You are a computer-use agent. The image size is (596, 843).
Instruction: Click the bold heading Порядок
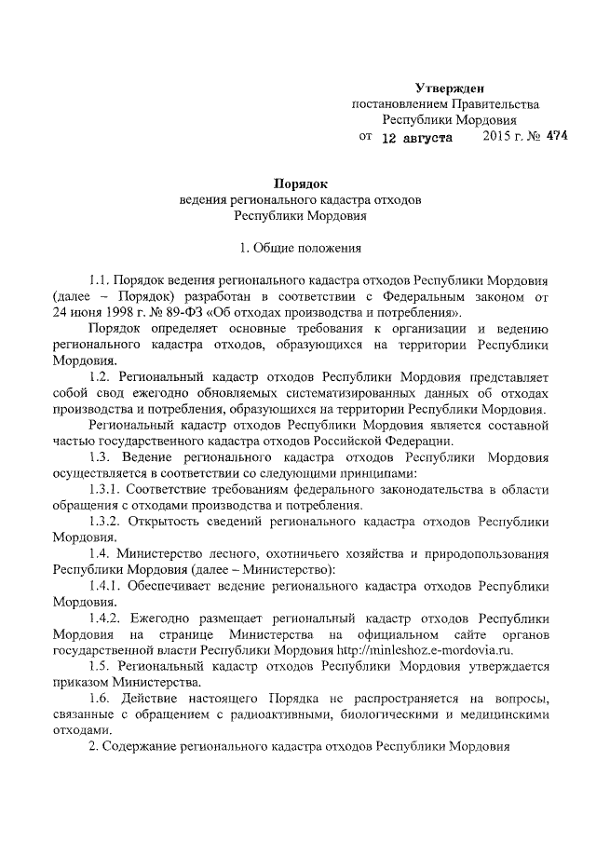[299, 184]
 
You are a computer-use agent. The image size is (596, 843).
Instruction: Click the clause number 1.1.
[100, 279]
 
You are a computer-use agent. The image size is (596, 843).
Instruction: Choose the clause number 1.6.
[100, 700]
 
